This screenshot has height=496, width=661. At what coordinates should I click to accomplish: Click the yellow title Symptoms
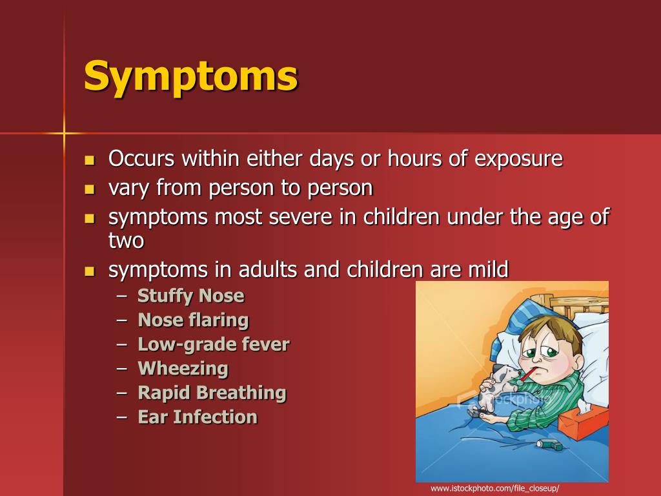pyautogui.click(x=191, y=77)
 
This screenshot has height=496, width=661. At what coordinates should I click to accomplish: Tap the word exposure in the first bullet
pyautogui.click(x=518, y=159)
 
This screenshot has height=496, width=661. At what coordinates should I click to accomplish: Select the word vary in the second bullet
pyautogui.click(x=128, y=188)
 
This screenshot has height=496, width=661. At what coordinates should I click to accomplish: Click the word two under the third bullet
pyautogui.click(x=126, y=240)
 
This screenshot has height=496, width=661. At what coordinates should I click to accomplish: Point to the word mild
pyautogui.click(x=489, y=269)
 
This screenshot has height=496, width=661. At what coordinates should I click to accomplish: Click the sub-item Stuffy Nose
pyautogui.click(x=191, y=296)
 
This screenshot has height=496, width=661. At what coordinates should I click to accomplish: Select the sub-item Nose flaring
pyautogui.click(x=194, y=320)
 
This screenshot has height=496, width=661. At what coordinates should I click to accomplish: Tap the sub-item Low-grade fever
pyautogui.click(x=214, y=345)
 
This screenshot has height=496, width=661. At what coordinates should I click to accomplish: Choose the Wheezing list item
pyautogui.click(x=183, y=369)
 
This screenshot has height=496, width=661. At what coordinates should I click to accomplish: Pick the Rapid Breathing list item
pyautogui.click(x=212, y=393)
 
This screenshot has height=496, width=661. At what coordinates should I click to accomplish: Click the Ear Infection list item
pyautogui.click(x=198, y=417)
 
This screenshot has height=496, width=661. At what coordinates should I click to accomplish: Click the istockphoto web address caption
pyautogui.click(x=494, y=489)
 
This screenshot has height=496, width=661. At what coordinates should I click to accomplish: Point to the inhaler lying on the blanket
pyautogui.click(x=549, y=444)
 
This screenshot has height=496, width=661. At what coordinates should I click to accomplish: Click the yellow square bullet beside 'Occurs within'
pyautogui.click(x=89, y=160)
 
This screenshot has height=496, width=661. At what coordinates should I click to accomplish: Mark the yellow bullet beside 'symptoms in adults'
pyautogui.click(x=89, y=271)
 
